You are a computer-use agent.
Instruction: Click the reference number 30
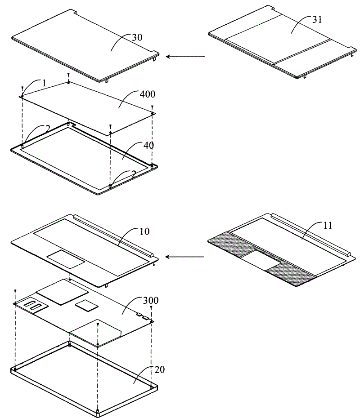[x=137, y=37]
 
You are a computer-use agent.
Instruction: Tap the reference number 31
[x=317, y=20]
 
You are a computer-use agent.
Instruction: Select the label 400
[x=147, y=94]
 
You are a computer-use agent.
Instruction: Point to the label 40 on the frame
[x=148, y=145]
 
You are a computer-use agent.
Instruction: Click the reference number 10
[x=144, y=231]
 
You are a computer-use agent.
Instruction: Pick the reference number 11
[x=328, y=226]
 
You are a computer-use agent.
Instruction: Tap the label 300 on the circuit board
[x=151, y=300]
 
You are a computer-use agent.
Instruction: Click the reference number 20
[x=160, y=370]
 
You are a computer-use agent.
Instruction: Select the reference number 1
[x=44, y=83]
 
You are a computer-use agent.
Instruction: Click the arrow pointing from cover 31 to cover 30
[x=185, y=57]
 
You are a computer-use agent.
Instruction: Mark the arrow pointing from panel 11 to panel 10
[x=184, y=257]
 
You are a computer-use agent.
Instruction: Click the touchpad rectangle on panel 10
[x=66, y=259]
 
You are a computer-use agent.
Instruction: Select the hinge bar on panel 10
[x=113, y=235]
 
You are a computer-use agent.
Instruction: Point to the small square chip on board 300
[x=86, y=304]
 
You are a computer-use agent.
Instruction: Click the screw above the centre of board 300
[x=98, y=325]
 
